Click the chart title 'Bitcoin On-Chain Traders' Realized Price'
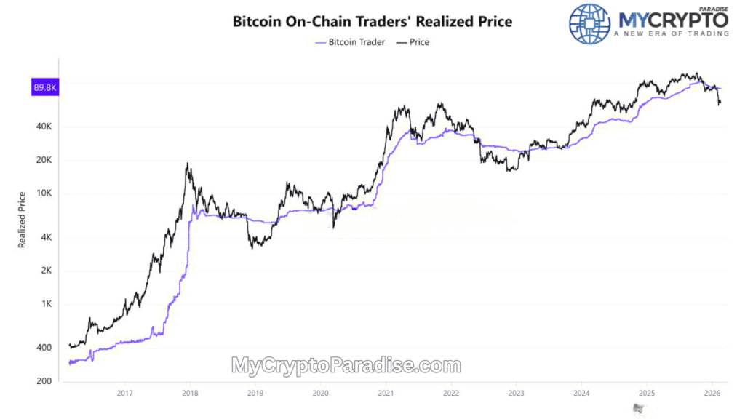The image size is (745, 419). [372, 21]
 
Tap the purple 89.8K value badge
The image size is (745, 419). [44, 88]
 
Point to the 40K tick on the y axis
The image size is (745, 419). [42, 127]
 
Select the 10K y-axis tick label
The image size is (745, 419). [42, 193]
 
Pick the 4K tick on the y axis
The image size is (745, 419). [44, 237]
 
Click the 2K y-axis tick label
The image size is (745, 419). [44, 271]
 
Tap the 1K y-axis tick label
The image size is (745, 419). [44, 304]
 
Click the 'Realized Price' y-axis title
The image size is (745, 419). [22, 219]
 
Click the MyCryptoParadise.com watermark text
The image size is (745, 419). [346, 365]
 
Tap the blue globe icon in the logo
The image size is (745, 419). [589, 24]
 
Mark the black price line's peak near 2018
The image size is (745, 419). [188, 164]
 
